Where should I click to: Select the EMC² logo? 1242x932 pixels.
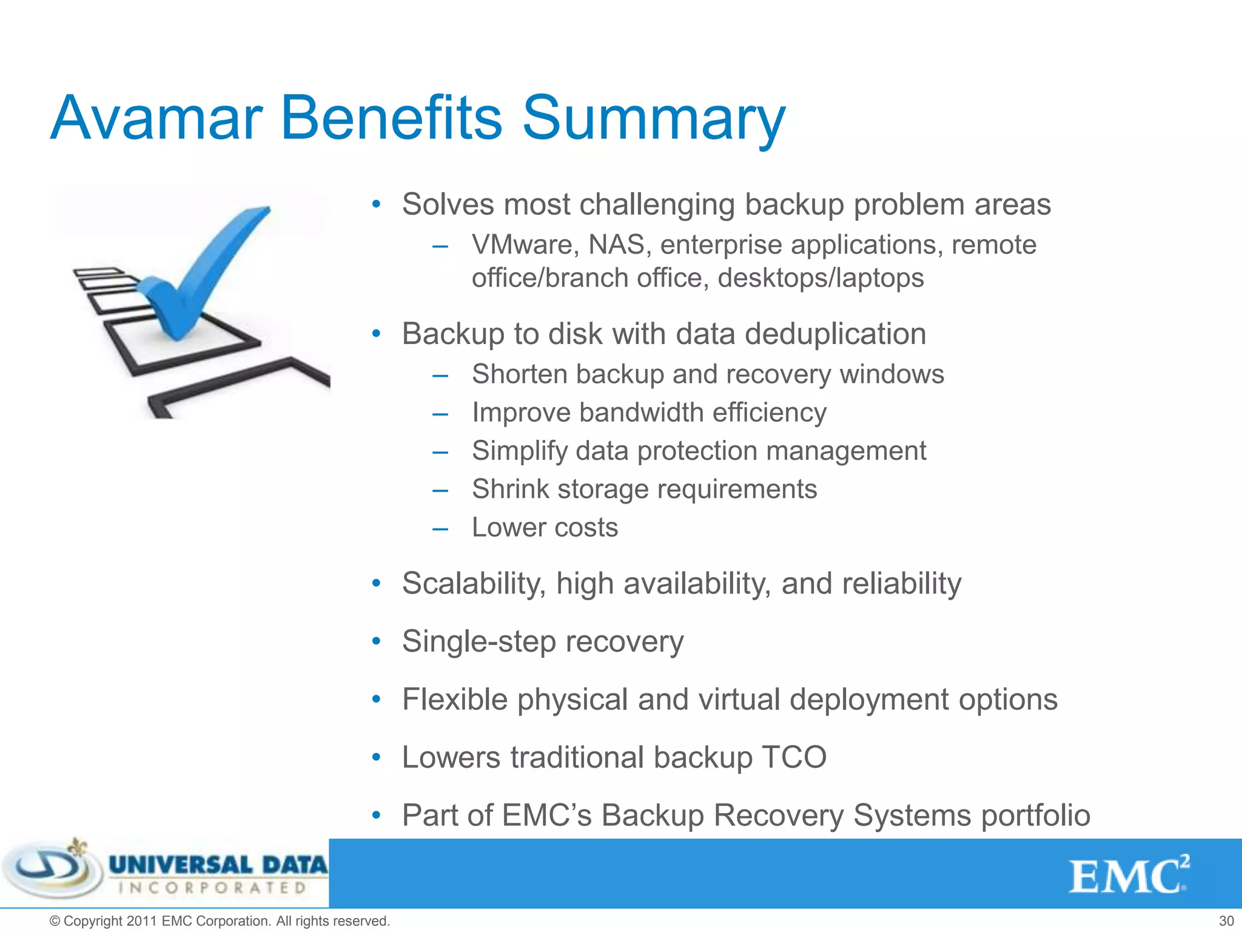coord(1128,875)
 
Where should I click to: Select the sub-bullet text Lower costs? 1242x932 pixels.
coord(545,527)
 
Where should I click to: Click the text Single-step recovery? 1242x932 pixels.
coord(543,641)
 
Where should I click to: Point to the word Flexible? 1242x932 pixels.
coord(455,700)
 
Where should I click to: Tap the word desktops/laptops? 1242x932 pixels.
coord(821,278)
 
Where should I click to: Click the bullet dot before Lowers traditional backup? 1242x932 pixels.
coord(376,757)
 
